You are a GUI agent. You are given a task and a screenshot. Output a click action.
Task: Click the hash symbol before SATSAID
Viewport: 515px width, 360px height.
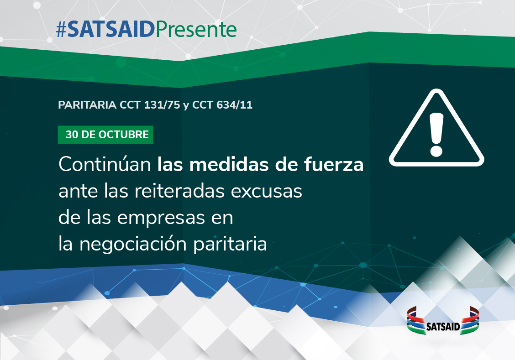click(62, 30)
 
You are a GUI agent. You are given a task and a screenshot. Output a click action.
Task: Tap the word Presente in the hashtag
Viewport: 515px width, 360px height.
click(196, 30)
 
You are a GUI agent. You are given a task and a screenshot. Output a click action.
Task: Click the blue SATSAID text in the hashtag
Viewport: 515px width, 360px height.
click(111, 30)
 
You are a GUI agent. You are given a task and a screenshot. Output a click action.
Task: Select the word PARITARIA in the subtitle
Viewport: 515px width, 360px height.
click(87, 105)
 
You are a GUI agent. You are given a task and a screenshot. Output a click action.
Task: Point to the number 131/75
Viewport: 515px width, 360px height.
click(162, 105)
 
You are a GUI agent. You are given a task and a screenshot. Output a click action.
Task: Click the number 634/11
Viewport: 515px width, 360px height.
click(235, 105)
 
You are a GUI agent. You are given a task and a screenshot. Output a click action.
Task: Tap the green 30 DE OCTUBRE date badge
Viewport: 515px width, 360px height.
click(105, 135)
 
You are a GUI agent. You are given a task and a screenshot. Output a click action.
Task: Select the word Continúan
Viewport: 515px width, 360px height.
click(105, 164)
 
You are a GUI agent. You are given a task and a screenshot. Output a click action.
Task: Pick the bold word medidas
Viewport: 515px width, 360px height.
click(229, 164)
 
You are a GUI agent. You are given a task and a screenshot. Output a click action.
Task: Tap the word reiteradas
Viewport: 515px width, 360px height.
click(179, 191)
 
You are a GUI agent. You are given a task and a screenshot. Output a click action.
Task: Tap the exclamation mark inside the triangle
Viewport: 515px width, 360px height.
click(436, 134)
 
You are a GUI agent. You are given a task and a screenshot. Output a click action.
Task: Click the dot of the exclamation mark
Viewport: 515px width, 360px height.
click(436, 151)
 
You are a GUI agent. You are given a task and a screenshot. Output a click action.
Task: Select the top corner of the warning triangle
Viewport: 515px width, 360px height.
click(436, 89)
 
